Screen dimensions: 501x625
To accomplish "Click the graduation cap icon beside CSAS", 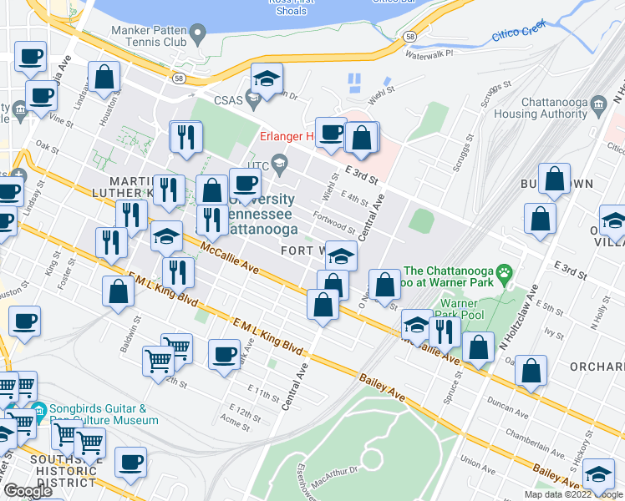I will coord(266,81).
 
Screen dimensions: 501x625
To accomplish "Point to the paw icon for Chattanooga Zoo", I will coord(505,271).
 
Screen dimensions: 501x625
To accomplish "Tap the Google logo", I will coord(28,491).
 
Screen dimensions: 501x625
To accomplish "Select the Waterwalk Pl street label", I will coord(428,53).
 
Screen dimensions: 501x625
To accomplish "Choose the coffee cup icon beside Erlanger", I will coord(331,132).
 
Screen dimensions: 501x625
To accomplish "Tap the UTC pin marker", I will coord(280,164).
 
